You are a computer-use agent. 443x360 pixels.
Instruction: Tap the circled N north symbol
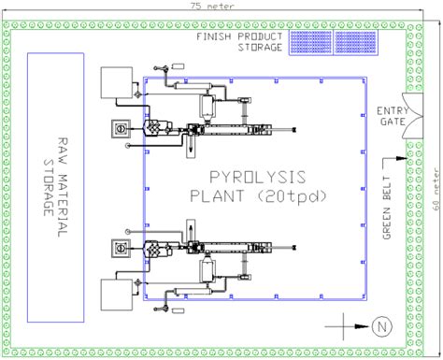click(x=380, y=325)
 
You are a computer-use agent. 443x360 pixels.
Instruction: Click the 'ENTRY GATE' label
click(x=392, y=116)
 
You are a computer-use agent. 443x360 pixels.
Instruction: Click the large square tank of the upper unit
click(x=119, y=82)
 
